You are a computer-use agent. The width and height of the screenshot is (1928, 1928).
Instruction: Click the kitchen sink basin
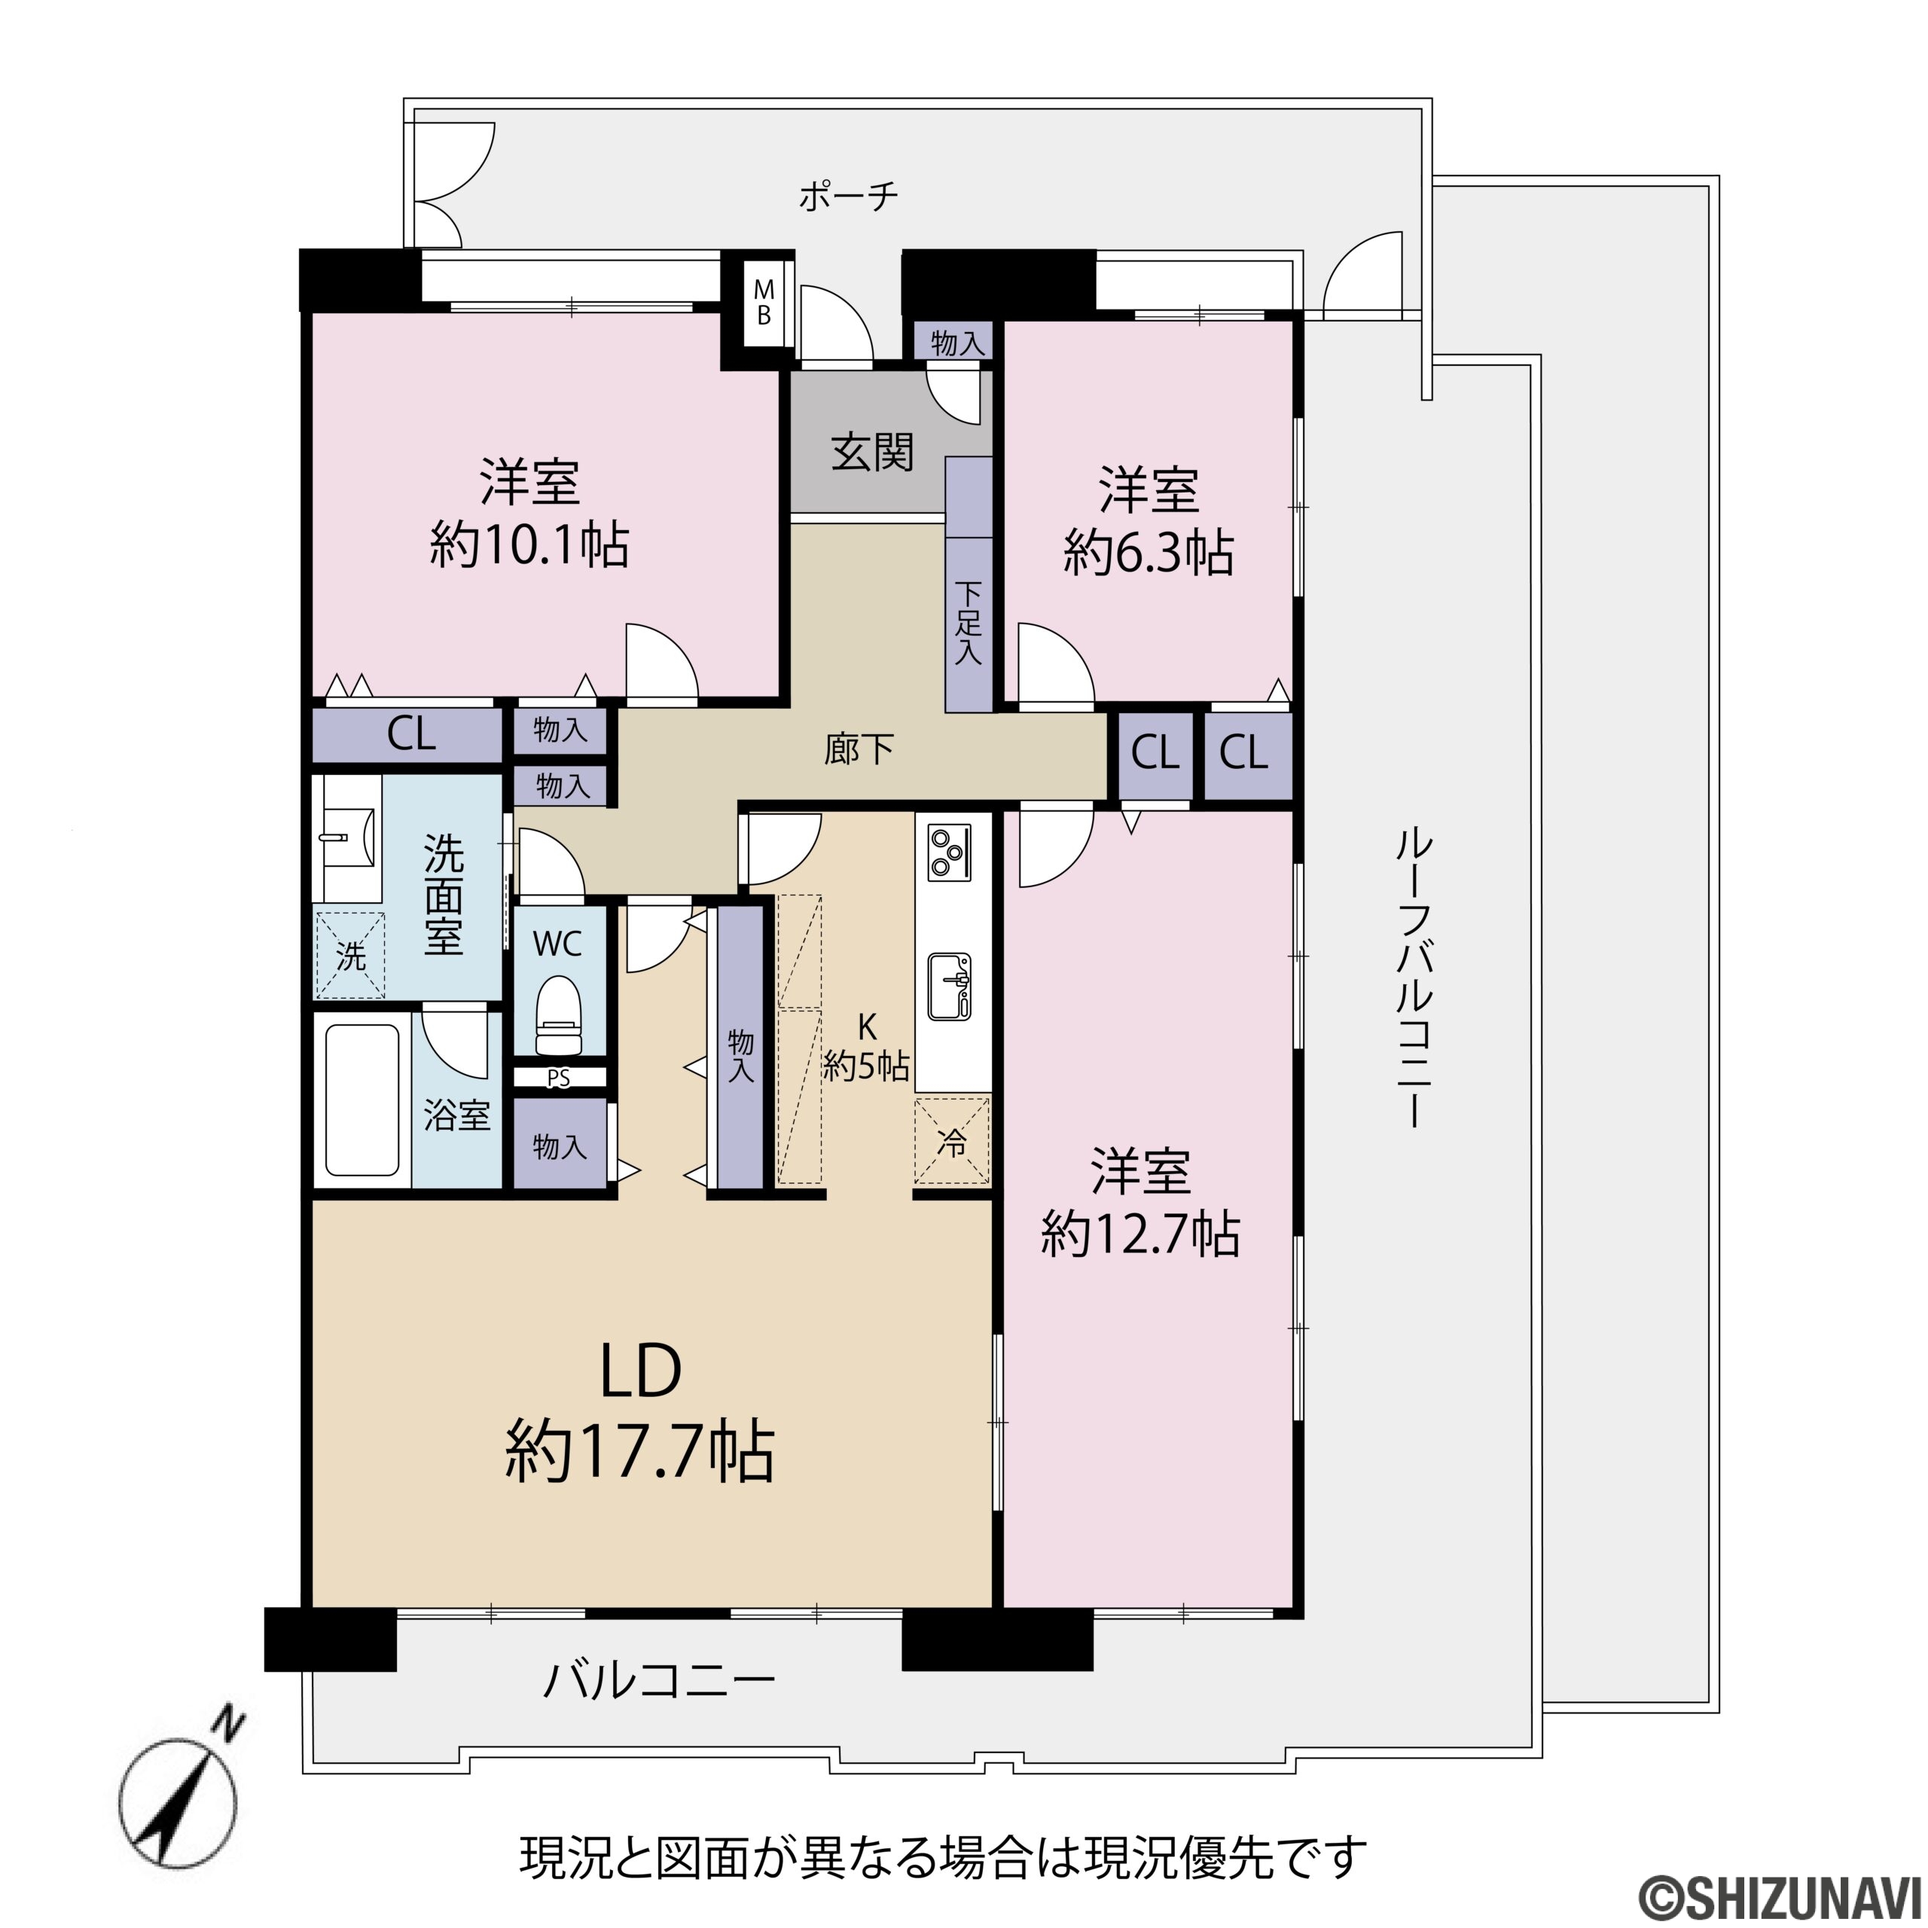(950, 986)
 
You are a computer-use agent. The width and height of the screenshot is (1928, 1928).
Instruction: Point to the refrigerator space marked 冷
(952, 1141)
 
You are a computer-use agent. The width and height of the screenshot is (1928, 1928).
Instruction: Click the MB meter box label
(764, 302)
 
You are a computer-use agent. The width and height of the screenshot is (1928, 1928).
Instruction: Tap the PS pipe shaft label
(559, 1078)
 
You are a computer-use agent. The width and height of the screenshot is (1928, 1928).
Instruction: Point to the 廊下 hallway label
(859, 749)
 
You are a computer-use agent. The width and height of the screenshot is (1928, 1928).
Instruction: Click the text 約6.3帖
(1149, 552)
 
